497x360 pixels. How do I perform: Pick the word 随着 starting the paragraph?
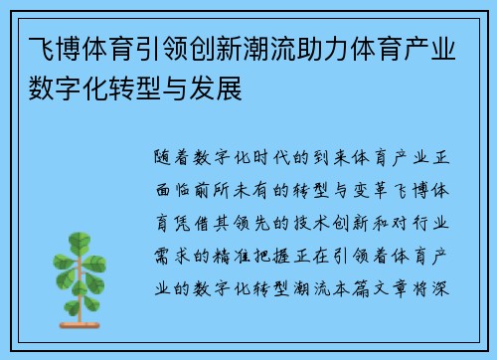tap(175, 157)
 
